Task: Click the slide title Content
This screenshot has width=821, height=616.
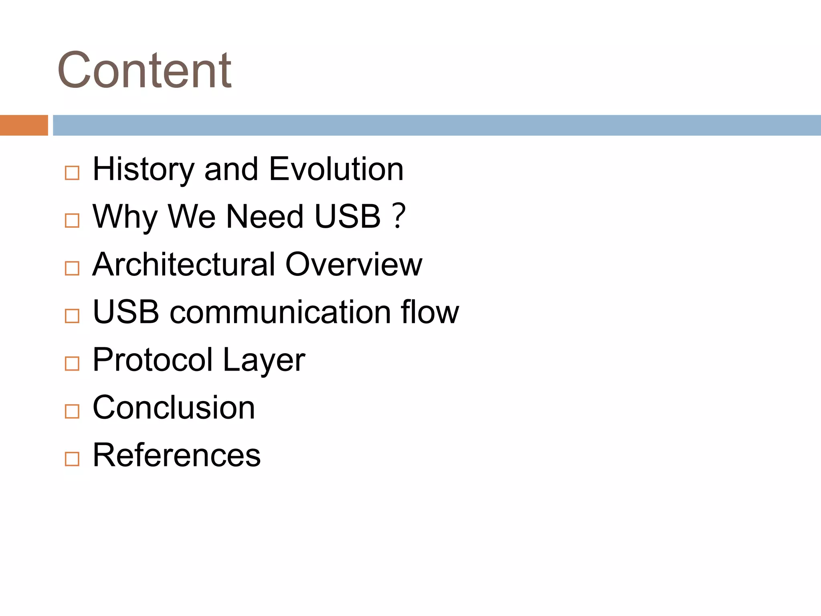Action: pyautogui.click(x=144, y=70)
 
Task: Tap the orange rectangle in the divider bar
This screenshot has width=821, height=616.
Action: pyautogui.click(x=24, y=125)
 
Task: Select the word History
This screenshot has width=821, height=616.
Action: pyautogui.click(x=143, y=170)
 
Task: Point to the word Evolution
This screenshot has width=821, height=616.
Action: pyautogui.click(x=336, y=170)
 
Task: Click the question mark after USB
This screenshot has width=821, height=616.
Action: pyautogui.click(x=398, y=217)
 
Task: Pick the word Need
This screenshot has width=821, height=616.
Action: pyautogui.click(x=265, y=217)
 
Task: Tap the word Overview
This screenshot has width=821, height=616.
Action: pyautogui.click(x=354, y=264)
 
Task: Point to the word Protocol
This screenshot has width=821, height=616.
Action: pyautogui.click(x=152, y=360)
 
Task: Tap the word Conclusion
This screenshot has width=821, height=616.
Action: pyautogui.click(x=174, y=407)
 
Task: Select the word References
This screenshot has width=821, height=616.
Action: pyautogui.click(x=176, y=455)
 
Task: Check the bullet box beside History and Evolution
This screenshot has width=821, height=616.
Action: pyautogui.click(x=72, y=173)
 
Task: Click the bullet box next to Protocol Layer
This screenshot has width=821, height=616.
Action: pyautogui.click(x=72, y=364)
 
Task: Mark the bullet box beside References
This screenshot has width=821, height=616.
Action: pyautogui.click(x=72, y=459)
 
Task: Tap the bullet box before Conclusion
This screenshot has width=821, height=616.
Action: pyautogui.click(x=72, y=411)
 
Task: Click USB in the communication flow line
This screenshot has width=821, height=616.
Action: pyautogui.click(x=126, y=312)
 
